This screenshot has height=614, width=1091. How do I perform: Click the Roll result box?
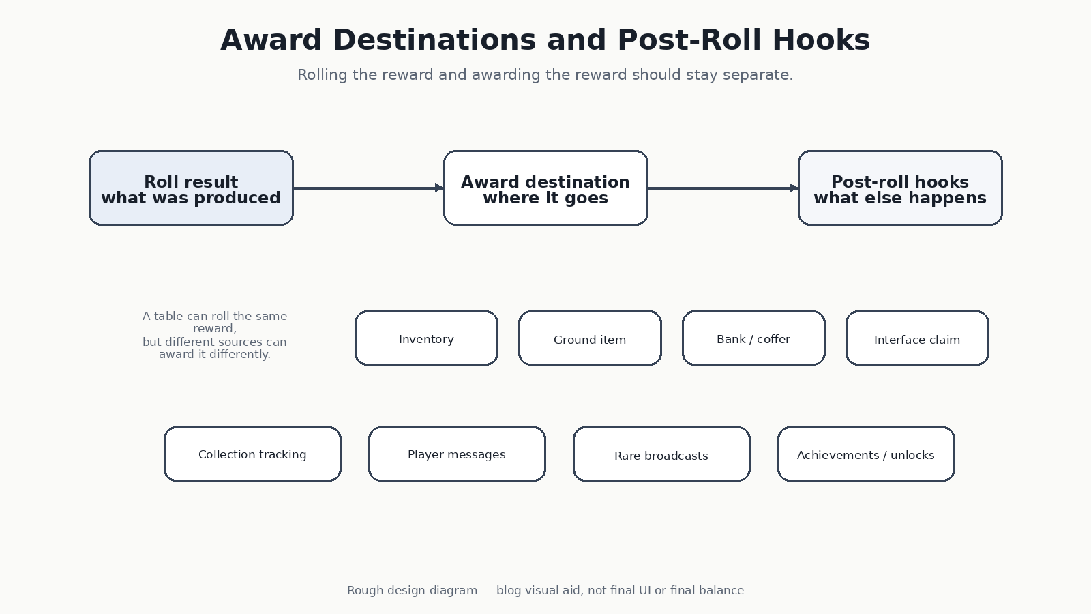click(x=191, y=188)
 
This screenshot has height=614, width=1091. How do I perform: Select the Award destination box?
click(x=545, y=188)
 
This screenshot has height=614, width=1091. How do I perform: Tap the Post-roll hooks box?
click(x=900, y=188)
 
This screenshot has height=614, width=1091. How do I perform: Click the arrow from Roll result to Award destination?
click(x=369, y=188)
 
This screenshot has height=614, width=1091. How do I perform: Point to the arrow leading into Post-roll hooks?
click(x=723, y=188)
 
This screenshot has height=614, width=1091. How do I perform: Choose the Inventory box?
click(x=426, y=338)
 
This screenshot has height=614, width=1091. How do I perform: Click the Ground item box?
click(x=590, y=338)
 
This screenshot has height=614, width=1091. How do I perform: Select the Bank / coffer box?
click(x=753, y=338)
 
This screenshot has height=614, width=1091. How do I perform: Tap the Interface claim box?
click(x=917, y=338)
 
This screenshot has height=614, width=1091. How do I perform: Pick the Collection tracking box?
click(x=252, y=454)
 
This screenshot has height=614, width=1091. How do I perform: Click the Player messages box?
click(x=457, y=454)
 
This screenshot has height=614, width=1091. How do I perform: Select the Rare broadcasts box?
click(x=661, y=454)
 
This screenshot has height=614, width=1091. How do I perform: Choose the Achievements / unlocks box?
click(x=866, y=454)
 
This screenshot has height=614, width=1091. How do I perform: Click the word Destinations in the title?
click(x=434, y=40)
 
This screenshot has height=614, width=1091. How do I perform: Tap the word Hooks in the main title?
click(x=821, y=40)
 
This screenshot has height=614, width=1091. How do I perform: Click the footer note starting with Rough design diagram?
click(x=545, y=591)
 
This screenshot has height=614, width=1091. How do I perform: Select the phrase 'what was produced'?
click(x=191, y=199)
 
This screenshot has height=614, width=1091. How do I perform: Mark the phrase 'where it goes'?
click(x=545, y=199)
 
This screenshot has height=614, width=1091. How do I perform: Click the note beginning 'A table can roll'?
click(x=215, y=335)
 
